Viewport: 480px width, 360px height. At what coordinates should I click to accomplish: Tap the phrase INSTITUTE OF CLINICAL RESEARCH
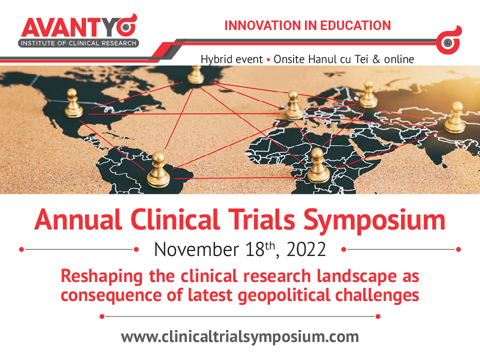[78, 43]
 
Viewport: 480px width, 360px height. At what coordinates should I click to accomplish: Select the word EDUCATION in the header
[355, 25]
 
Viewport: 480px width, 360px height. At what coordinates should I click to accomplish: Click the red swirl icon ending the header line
[448, 40]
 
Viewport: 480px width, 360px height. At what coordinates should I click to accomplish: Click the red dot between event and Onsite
[268, 59]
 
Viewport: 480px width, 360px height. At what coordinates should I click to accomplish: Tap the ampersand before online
[376, 59]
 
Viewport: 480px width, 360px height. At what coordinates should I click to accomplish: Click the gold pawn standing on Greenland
[195, 75]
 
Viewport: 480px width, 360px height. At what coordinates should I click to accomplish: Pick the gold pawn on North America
[73, 103]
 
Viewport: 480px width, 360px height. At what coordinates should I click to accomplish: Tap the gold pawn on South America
[158, 170]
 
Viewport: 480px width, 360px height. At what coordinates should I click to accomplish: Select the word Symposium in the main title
[374, 220]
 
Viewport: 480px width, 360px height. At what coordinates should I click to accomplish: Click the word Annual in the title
[78, 219]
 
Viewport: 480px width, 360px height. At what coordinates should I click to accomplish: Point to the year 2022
[306, 249]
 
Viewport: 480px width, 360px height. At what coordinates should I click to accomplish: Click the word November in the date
[196, 249]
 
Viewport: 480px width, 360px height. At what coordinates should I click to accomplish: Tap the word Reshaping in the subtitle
[102, 276]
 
